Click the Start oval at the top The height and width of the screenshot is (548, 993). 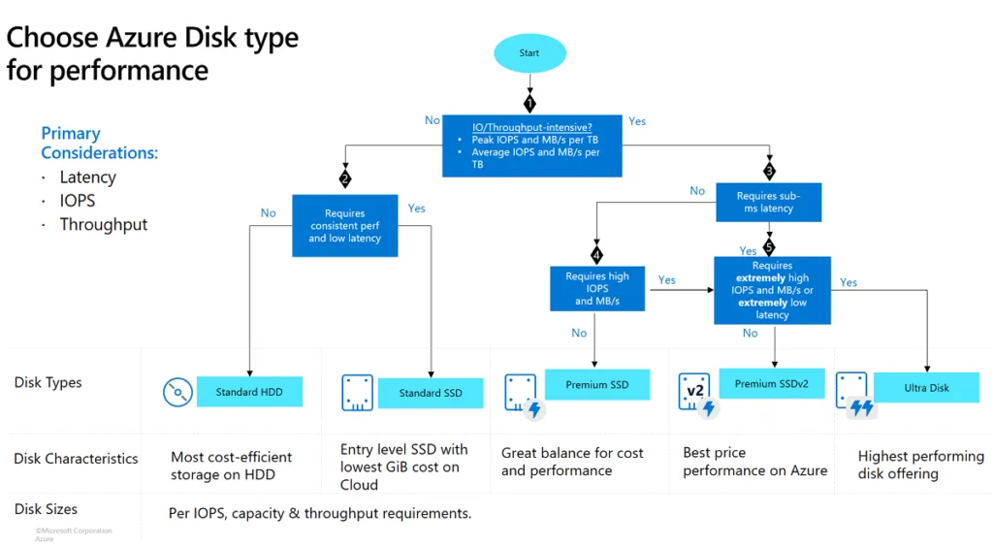click(x=529, y=53)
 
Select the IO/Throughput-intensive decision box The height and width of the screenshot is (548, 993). click(x=531, y=145)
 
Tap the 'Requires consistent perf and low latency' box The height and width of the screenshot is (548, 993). click(x=345, y=226)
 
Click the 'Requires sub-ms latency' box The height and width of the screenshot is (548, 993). click(x=769, y=202)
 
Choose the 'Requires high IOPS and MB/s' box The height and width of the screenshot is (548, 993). click(x=597, y=289)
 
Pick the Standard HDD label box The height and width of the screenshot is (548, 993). click(x=249, y=392)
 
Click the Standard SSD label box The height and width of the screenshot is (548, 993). click(x=431, y=393)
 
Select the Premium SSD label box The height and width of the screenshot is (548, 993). click(x=596, y=385)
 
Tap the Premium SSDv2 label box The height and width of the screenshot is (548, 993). click(x=771, y=384)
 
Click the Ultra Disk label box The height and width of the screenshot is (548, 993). click(x=926, y=388)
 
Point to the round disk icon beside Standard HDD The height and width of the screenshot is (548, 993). click(x=176, y=393)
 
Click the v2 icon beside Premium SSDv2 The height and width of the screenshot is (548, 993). click(x=694, y=391)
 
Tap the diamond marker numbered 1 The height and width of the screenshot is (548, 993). click(x=529, y=102)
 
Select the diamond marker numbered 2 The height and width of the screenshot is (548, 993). click(x=345, y=178)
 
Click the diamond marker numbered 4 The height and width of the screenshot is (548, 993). click(x=596, y=256)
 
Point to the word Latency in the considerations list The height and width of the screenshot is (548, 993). click(x=87, y=177)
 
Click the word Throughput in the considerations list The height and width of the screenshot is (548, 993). click(x=104, y=224)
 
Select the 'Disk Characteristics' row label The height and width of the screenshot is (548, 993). click(x=76, y=459)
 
